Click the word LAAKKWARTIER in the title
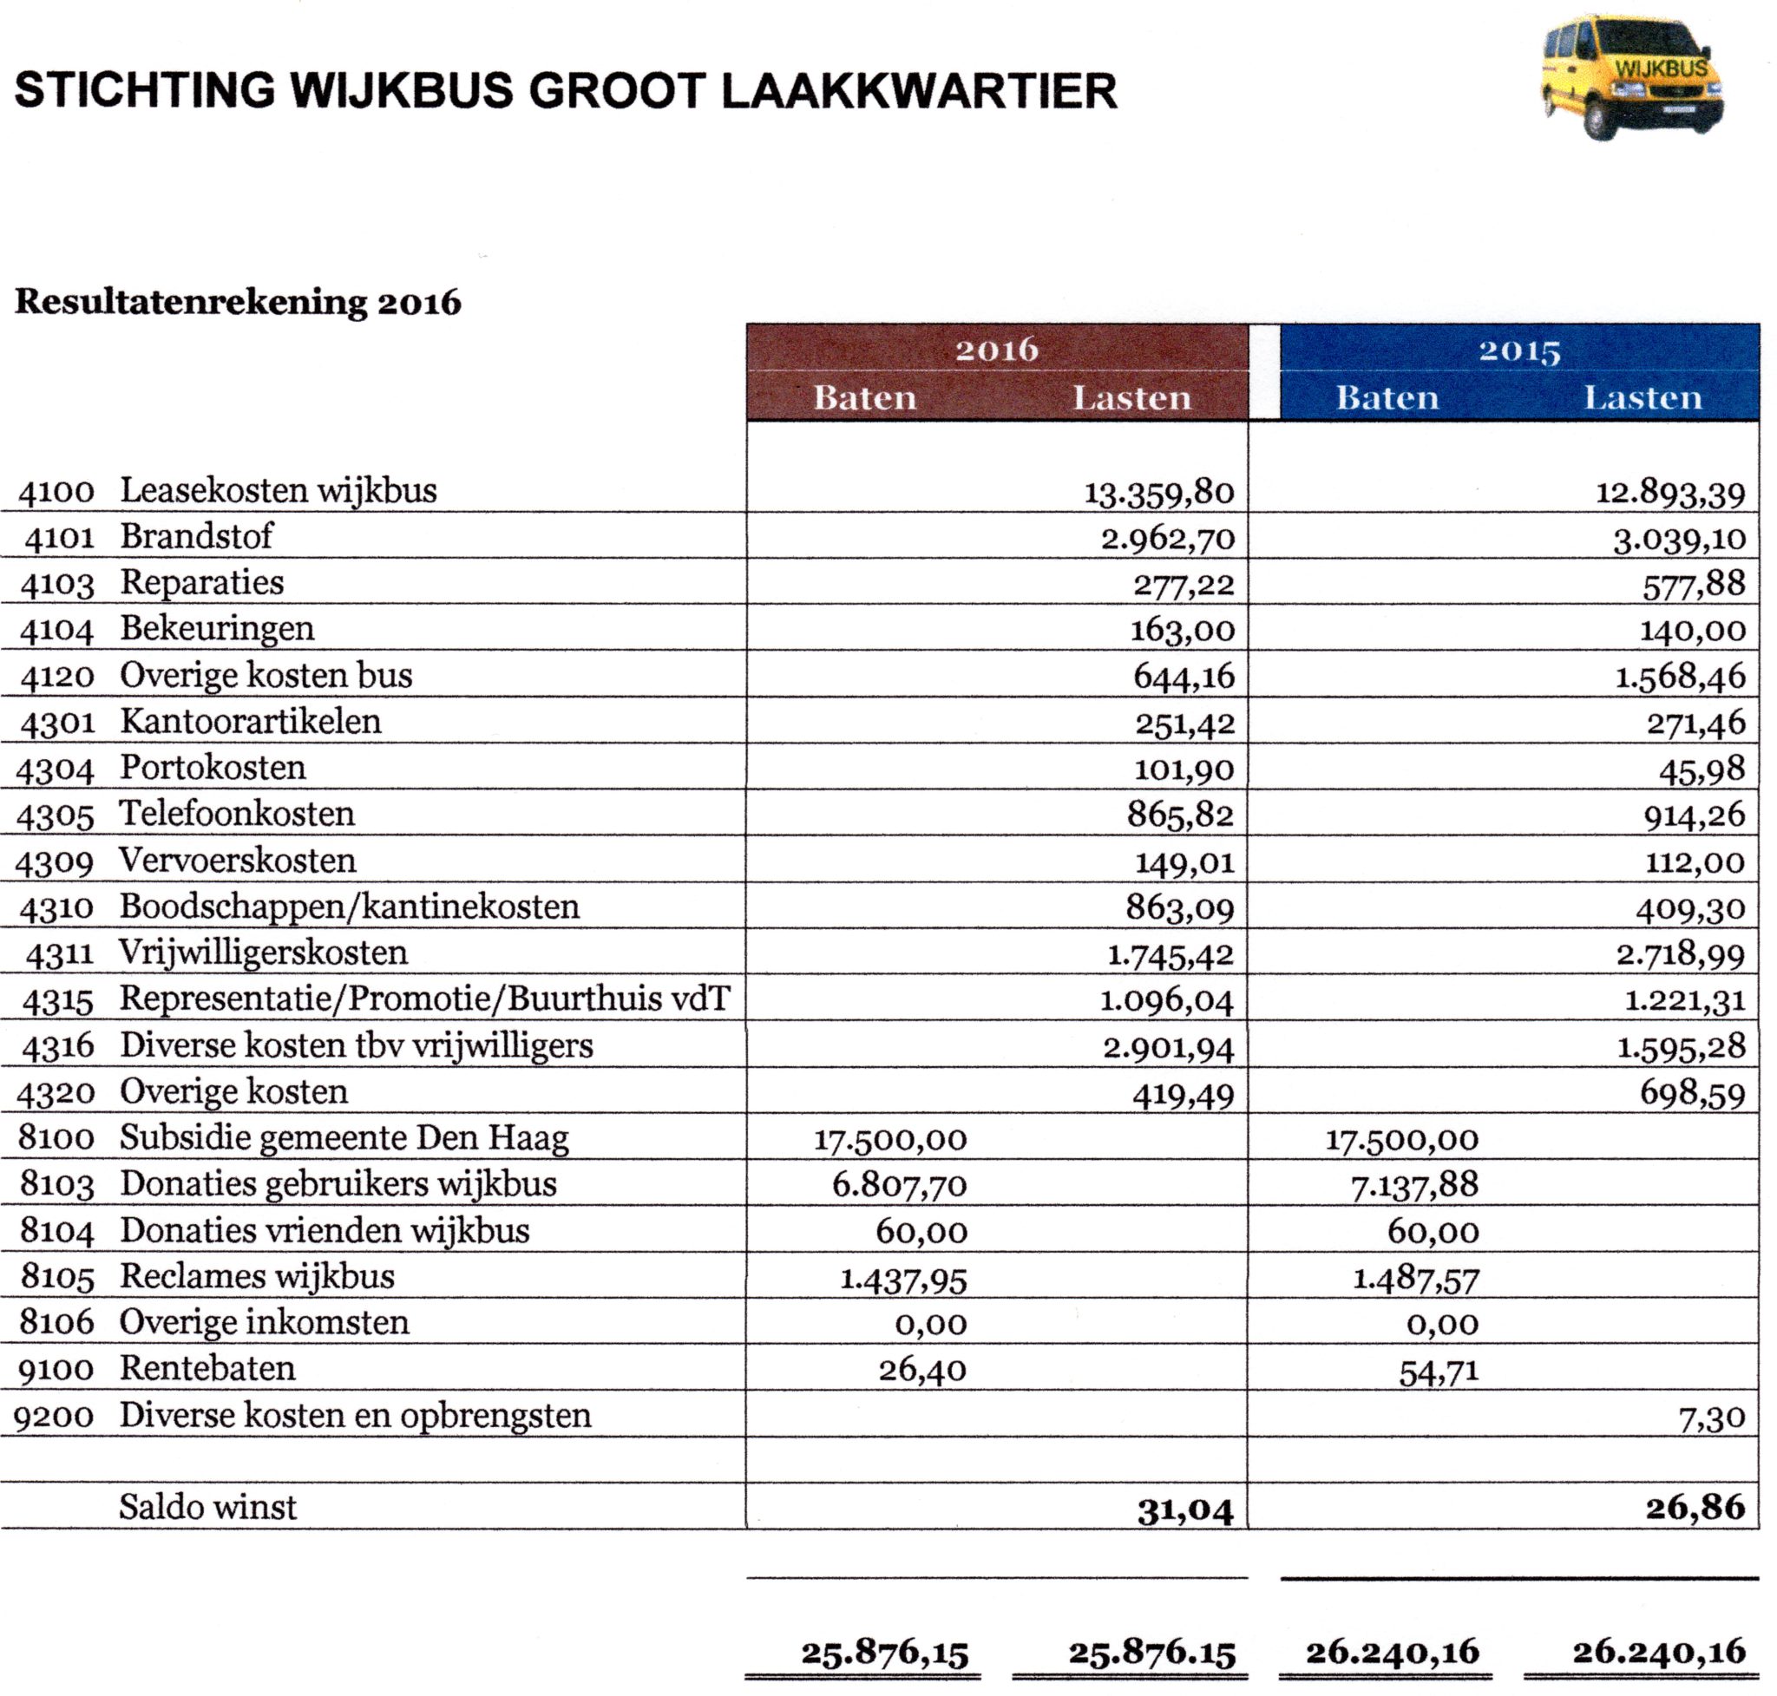[919, 91]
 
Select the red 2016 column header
[997, 350]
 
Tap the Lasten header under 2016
[1131, 398]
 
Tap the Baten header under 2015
[1387, 398]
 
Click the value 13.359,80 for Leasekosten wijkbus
[1158, 493]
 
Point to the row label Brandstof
[196, 536]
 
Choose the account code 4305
[56, 817]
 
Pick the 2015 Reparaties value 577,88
[1693, 585]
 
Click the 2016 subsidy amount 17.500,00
[890, 1140]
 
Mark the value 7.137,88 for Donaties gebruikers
[1414, 1185]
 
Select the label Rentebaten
[207, 1369]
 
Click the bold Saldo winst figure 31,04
[1184, 1510]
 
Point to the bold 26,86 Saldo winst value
[1695, 1508]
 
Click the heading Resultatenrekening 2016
[238, 302]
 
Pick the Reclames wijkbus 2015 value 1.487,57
[1414, 1280]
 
